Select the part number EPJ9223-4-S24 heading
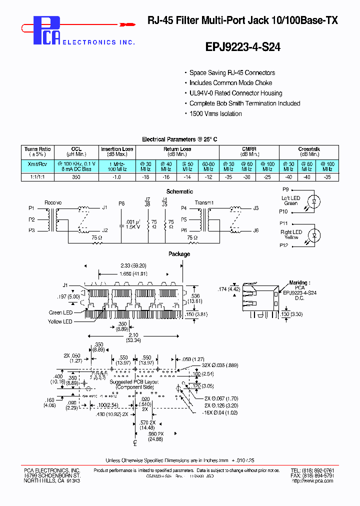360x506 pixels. pos(243,47)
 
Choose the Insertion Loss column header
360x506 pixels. pos(117,151)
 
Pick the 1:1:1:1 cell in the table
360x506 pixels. pos(37,177)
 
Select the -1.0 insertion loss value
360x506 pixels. pos(117,177)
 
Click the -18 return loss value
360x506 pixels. pos(145,177)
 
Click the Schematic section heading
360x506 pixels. pos(179,191)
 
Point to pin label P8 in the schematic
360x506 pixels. pos(121,203)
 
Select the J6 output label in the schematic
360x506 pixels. pos(256,230)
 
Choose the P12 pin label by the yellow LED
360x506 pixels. pos(284,245)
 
